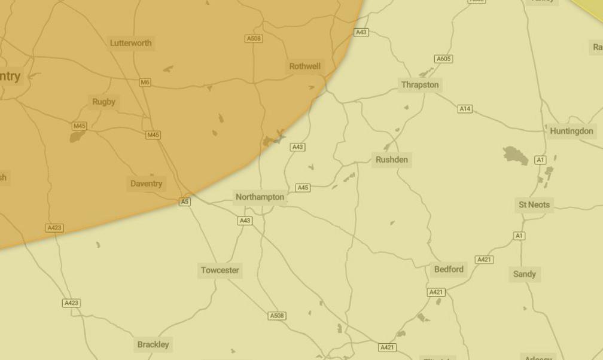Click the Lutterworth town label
(131, 43)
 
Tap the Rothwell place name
(304, 66)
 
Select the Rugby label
(103, 102)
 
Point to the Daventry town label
(146, 184)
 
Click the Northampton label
(260, 197)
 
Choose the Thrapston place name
(420, 85)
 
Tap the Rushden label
(392, 160)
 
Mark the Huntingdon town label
(571, 131)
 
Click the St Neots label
(534, 205)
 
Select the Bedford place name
(449, 269)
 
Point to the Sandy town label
(525, 274)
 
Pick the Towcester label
(220, 270)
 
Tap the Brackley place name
(153, 344)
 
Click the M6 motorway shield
(145, 83)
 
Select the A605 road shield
(443, 59)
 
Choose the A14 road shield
(465, 109)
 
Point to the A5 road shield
(185, 202)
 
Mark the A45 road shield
(303, 188)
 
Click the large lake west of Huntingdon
(515, 155)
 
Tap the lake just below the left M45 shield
(77, 137)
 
